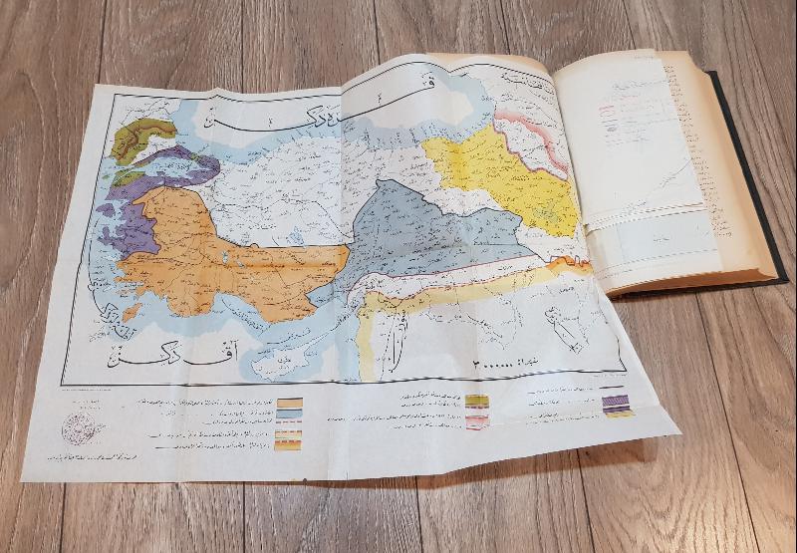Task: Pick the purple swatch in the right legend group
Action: pos(618,404)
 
